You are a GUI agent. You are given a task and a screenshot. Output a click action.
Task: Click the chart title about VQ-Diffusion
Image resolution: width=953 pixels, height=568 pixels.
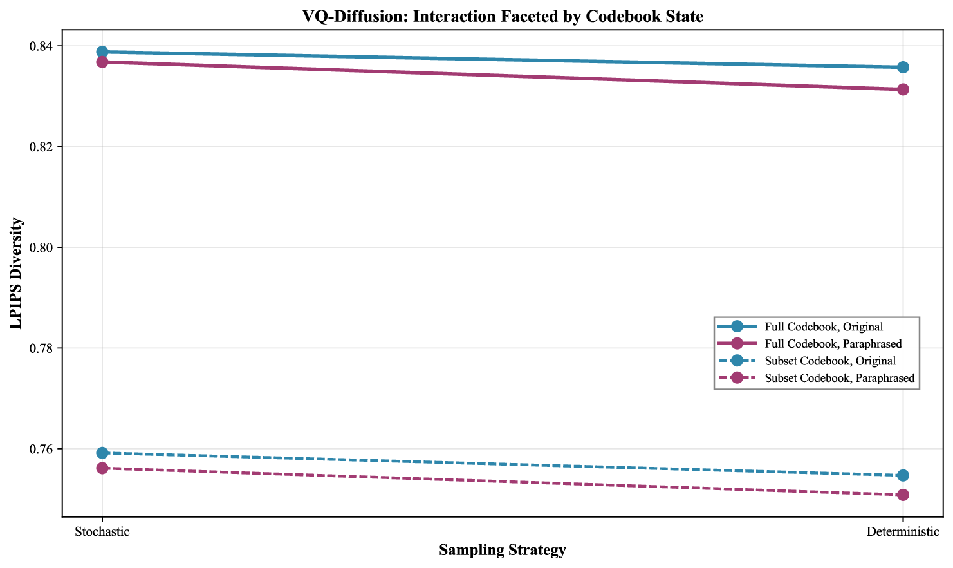point(503,17)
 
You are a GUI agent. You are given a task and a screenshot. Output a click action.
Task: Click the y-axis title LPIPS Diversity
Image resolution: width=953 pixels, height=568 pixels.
point(17,274)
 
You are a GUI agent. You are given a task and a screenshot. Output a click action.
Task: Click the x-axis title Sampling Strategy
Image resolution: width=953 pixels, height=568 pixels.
point(503,550)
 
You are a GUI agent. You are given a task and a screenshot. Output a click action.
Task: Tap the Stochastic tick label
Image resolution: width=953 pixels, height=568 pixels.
point(102,532)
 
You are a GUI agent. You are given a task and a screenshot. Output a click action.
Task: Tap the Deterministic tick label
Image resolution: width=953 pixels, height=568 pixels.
point(903,532)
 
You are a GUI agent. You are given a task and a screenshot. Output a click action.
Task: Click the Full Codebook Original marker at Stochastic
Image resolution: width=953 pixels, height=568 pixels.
point(102,52)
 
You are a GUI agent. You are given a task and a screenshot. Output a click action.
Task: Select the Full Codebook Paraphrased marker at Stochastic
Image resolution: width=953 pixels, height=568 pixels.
point(102,62)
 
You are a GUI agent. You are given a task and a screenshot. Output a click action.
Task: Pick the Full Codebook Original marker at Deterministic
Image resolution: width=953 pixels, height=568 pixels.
point(903,67)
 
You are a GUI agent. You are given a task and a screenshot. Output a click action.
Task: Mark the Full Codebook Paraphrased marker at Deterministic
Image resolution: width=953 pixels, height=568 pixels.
point(903,89)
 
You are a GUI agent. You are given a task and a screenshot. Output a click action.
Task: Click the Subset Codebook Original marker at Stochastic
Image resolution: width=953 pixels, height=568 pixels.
point(102,453)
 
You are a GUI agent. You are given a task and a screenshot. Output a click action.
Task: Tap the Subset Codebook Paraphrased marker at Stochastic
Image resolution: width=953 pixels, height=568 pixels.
point(102,468)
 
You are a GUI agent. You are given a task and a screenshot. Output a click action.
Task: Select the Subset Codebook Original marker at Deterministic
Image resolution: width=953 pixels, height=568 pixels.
point(903,475)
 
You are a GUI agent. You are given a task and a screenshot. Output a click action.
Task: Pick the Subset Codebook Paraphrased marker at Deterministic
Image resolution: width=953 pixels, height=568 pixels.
point(903,495)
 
